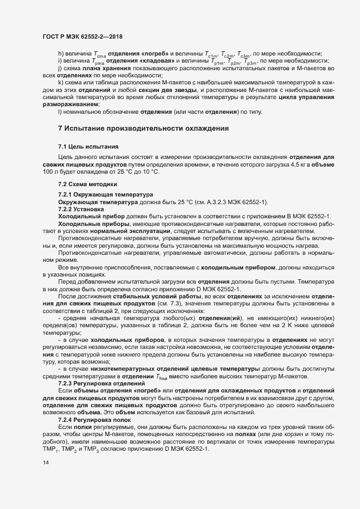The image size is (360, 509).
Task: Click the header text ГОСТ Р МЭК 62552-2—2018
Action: pos(82,36)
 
